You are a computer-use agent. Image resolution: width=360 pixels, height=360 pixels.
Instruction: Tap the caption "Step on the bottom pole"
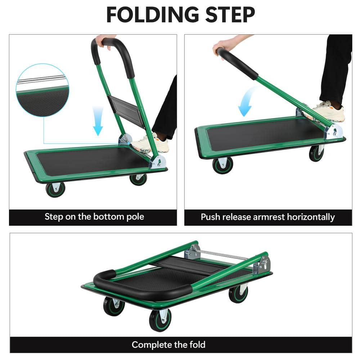tap(94, 217)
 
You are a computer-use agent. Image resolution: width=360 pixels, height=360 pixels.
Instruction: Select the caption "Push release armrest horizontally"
tap(267, 217)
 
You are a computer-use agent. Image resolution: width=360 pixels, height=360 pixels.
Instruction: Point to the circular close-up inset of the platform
tap(42, 90)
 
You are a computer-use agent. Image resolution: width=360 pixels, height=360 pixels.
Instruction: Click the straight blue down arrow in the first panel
tap(98, 121)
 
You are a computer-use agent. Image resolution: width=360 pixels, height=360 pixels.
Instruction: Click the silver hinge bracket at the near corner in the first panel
tap(158, 162)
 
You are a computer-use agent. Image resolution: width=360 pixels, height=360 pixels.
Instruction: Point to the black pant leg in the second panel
tap(337, 68)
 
